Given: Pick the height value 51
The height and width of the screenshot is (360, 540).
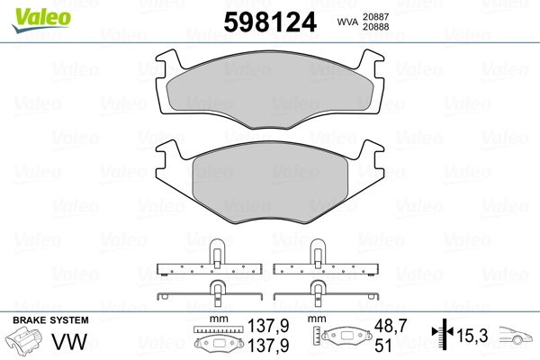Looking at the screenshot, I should pos(382,345).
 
